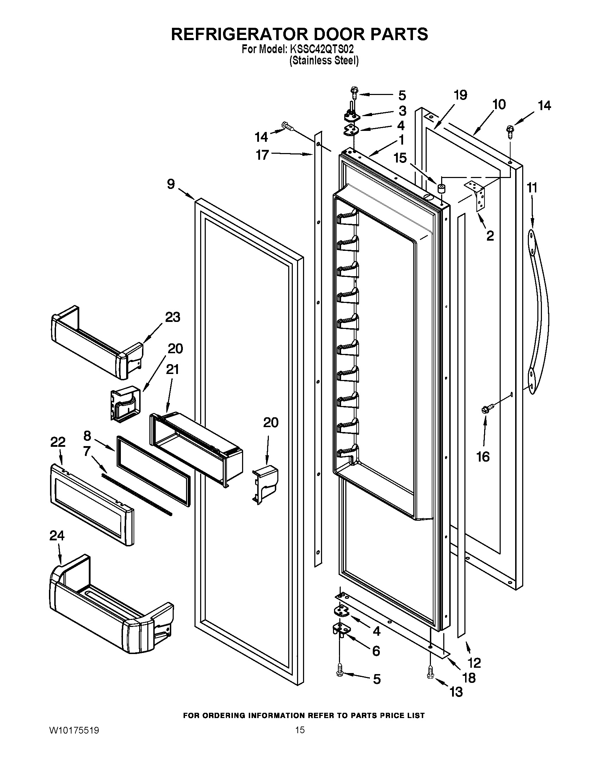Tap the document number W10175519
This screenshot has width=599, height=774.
[74, 740]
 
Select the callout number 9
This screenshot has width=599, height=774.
[171, 184]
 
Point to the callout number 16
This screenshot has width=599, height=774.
[483, 457]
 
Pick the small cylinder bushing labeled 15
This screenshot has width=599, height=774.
[441, 188]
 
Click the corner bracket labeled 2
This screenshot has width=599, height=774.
[477, 195]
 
